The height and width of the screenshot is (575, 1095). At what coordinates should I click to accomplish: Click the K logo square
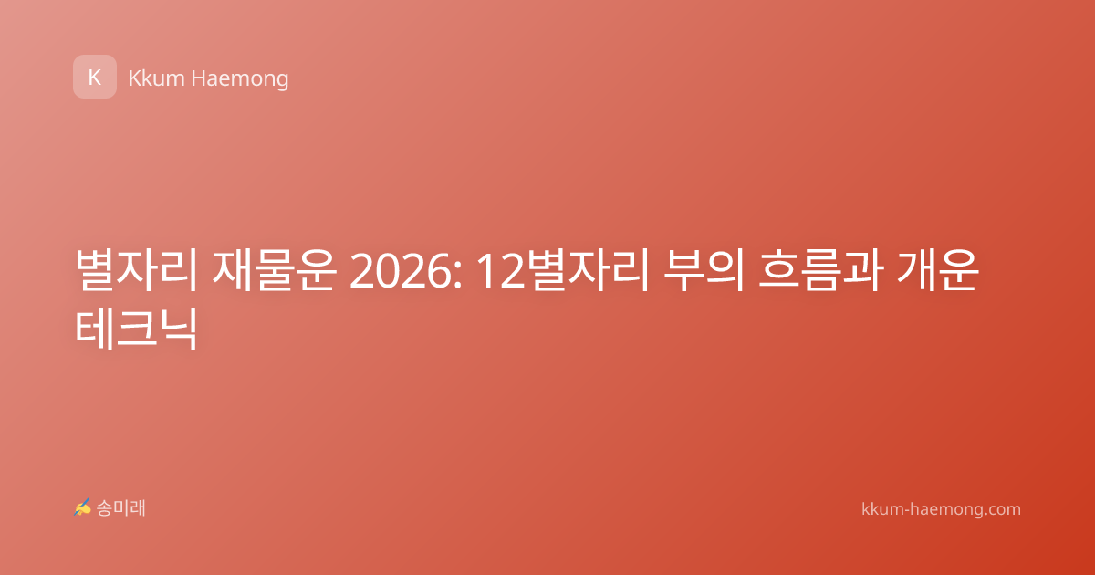(x=95, y=77)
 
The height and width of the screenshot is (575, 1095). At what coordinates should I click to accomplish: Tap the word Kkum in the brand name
(x=156, y=78)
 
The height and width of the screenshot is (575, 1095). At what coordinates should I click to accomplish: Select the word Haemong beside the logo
(x=239, y=79)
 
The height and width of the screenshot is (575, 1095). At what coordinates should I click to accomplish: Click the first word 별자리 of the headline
(x=136, y=270)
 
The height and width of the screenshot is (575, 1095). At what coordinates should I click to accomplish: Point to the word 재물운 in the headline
(x=274, y=270)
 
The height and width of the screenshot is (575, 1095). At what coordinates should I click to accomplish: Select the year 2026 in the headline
(x=401, y=272)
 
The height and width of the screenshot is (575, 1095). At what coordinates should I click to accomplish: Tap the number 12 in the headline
(x=501, y=272)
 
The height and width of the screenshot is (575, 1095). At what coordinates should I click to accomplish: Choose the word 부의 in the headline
(x=704, y=270)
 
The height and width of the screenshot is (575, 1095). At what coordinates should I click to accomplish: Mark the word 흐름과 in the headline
(x=820, y=270)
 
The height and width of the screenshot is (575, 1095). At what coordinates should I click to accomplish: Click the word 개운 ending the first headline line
(x=938, y=270)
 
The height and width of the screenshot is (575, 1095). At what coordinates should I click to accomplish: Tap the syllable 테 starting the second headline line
(x=94, y=329)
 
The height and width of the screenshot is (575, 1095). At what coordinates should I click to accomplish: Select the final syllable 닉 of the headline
(x=176, y=329)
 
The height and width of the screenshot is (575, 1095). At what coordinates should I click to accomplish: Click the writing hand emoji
(x=82, y=507)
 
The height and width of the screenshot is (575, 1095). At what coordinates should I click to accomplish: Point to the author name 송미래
(x=120, y=508)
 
